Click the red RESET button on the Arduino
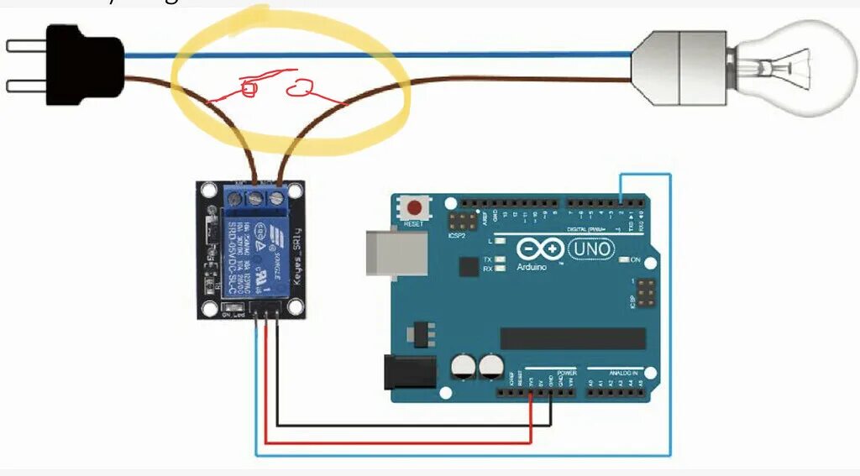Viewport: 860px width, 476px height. [x=413, y=207]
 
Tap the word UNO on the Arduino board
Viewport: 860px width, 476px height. [x=592, y=248]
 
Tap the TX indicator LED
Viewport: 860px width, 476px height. [x=500, y=259]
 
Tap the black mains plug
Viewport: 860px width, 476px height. [x=84, y=65]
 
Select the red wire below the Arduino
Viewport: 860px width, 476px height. [x=395, y=442]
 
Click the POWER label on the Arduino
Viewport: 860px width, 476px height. [x=566, y=371]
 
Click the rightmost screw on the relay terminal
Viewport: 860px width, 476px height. [x=275, y=198]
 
